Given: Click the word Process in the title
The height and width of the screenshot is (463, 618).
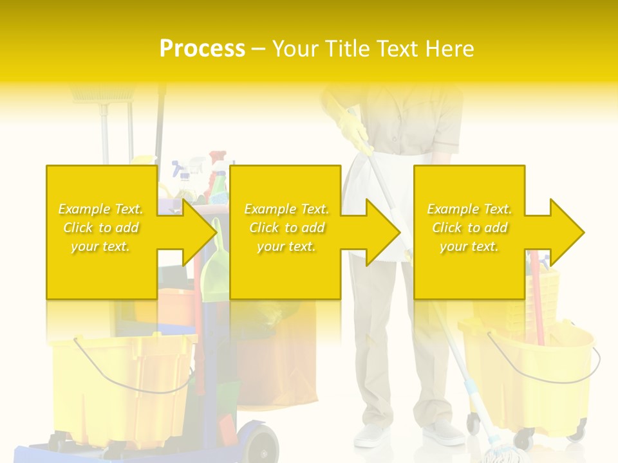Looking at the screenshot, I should (x=202, y=49).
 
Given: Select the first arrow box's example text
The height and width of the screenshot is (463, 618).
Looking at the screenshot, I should (x=100, y=228).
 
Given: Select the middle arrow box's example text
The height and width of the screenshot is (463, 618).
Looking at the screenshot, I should (x=286, y=228).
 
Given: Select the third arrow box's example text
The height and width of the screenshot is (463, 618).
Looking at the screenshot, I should (x=469, y=228).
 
